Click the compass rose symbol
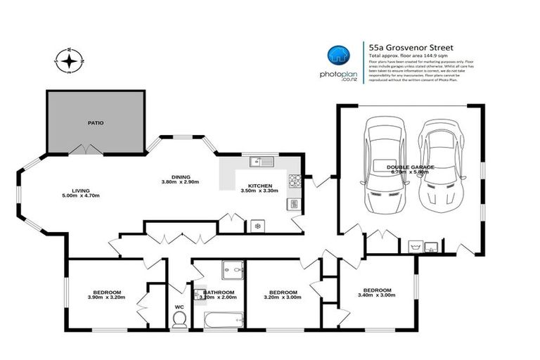(70, 61)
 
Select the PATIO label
(96, 123)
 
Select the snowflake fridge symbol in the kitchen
(257, 226)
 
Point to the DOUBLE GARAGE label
(411, 167)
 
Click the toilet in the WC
(179, 318)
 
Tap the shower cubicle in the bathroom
(231, 270)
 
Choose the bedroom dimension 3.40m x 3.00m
(378, 295)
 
